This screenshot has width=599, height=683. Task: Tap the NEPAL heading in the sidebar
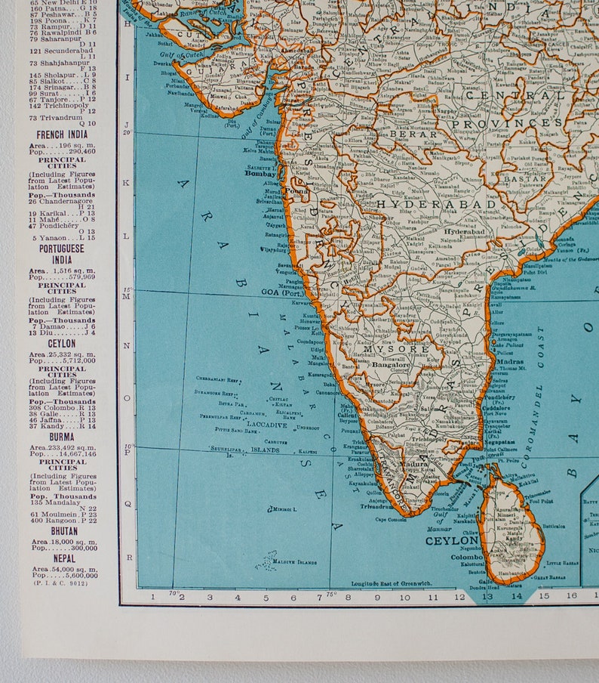pyautogui.click(x=64, y=558)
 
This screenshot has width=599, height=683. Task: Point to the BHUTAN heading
pyautogui.click(x=63, y=531)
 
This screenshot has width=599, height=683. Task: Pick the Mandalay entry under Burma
pyautogui.click(x=57, y=502)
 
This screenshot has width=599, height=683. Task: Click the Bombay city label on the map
pyautogui.click(x=260, y=173)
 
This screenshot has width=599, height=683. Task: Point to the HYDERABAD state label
pyautogui.click(x=437, y=204)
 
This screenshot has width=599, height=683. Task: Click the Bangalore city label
pyautogui.click(x=390, y=364)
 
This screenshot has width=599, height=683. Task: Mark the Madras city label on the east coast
pyautogui.click(x=510, y=361)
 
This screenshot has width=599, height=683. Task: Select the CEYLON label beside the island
pyautogui.click(x=451, y=541)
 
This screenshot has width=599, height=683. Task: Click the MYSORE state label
pyautogui.click(x=404, y=348)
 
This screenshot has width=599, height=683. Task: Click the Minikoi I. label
pyautogui.click(x=283, y=510)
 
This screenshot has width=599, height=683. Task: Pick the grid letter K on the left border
pyautogui.click(x=127, y=183)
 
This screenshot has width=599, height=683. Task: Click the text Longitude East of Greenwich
pyautogui.click(x=391, y=583)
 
